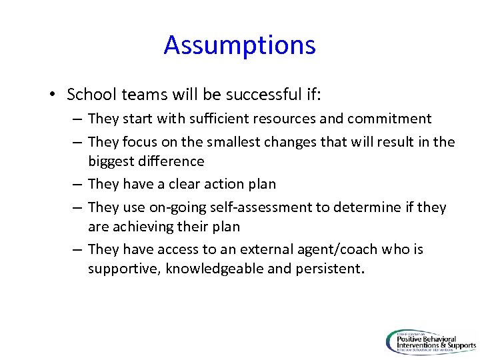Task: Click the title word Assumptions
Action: click(239, 45)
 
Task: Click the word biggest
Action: click(111, 161)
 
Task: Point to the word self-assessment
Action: click(260, 208)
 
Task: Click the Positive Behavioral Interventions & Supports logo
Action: click(431, 341)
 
